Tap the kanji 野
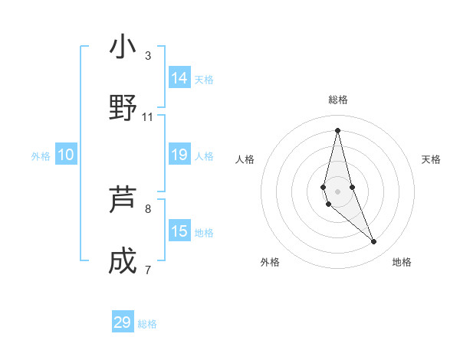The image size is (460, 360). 123,108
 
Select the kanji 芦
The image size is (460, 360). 123,200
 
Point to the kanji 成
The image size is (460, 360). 123,261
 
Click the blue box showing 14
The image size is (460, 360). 179,78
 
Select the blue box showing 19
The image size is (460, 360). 179,155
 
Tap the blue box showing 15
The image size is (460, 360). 179,231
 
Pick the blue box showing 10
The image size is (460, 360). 66,155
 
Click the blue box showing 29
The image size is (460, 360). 123,322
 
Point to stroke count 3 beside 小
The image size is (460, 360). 148,55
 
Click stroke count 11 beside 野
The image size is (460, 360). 148,116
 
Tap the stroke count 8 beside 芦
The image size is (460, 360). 148,208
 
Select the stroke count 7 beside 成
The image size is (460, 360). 148,270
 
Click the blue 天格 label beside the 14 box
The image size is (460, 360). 204,80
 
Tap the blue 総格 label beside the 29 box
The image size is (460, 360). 147,324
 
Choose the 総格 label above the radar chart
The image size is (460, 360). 338,100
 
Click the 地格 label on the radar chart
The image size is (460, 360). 402,262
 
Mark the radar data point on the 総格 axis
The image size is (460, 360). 337,130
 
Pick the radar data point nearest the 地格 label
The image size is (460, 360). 373,242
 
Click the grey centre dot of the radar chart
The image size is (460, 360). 337,191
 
